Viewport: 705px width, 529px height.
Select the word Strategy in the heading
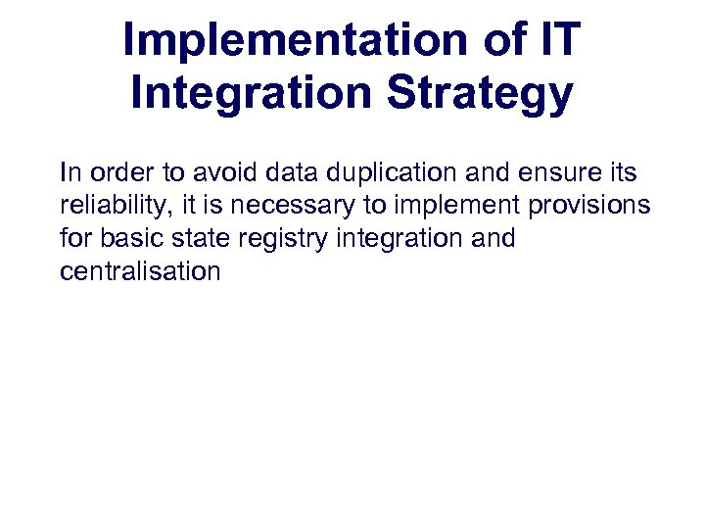[480, 94]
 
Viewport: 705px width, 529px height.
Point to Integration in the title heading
[252, 94]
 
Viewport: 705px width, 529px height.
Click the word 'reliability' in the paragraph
[116, 207]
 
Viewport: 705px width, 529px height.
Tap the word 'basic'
[130, 239]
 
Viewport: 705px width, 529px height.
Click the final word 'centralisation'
[140, 271]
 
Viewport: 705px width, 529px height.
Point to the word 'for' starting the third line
[75, 239]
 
